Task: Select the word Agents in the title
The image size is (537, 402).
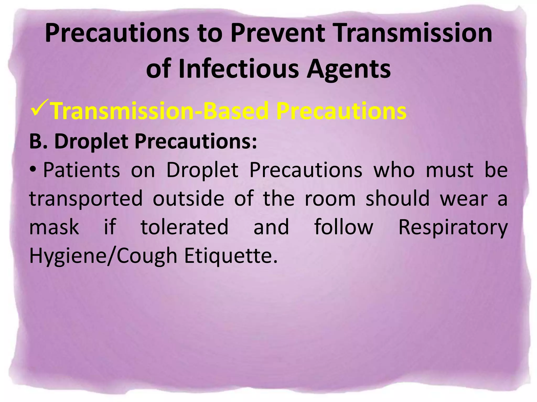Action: (348, 69)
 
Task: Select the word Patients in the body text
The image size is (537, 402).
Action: (82, 170)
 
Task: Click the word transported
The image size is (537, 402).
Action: (86, 199)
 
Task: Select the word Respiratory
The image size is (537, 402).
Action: (453, 227)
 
